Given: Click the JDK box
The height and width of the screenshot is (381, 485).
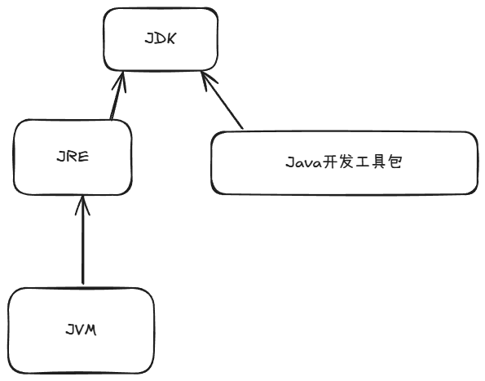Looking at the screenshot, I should [x=161, y=38].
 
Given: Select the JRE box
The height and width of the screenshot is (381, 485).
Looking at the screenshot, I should [x=74, y=157].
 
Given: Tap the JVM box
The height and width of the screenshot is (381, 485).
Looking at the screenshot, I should [x=81, y=330].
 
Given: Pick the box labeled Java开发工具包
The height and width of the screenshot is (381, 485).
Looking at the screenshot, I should [x=344, y=162].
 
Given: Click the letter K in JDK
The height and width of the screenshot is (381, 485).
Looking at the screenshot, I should [x=172, y=38].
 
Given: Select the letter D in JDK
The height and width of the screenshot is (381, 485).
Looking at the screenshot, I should [x=161, y=38].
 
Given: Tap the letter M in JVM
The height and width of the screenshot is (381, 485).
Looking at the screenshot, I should [x=91, y=330].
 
